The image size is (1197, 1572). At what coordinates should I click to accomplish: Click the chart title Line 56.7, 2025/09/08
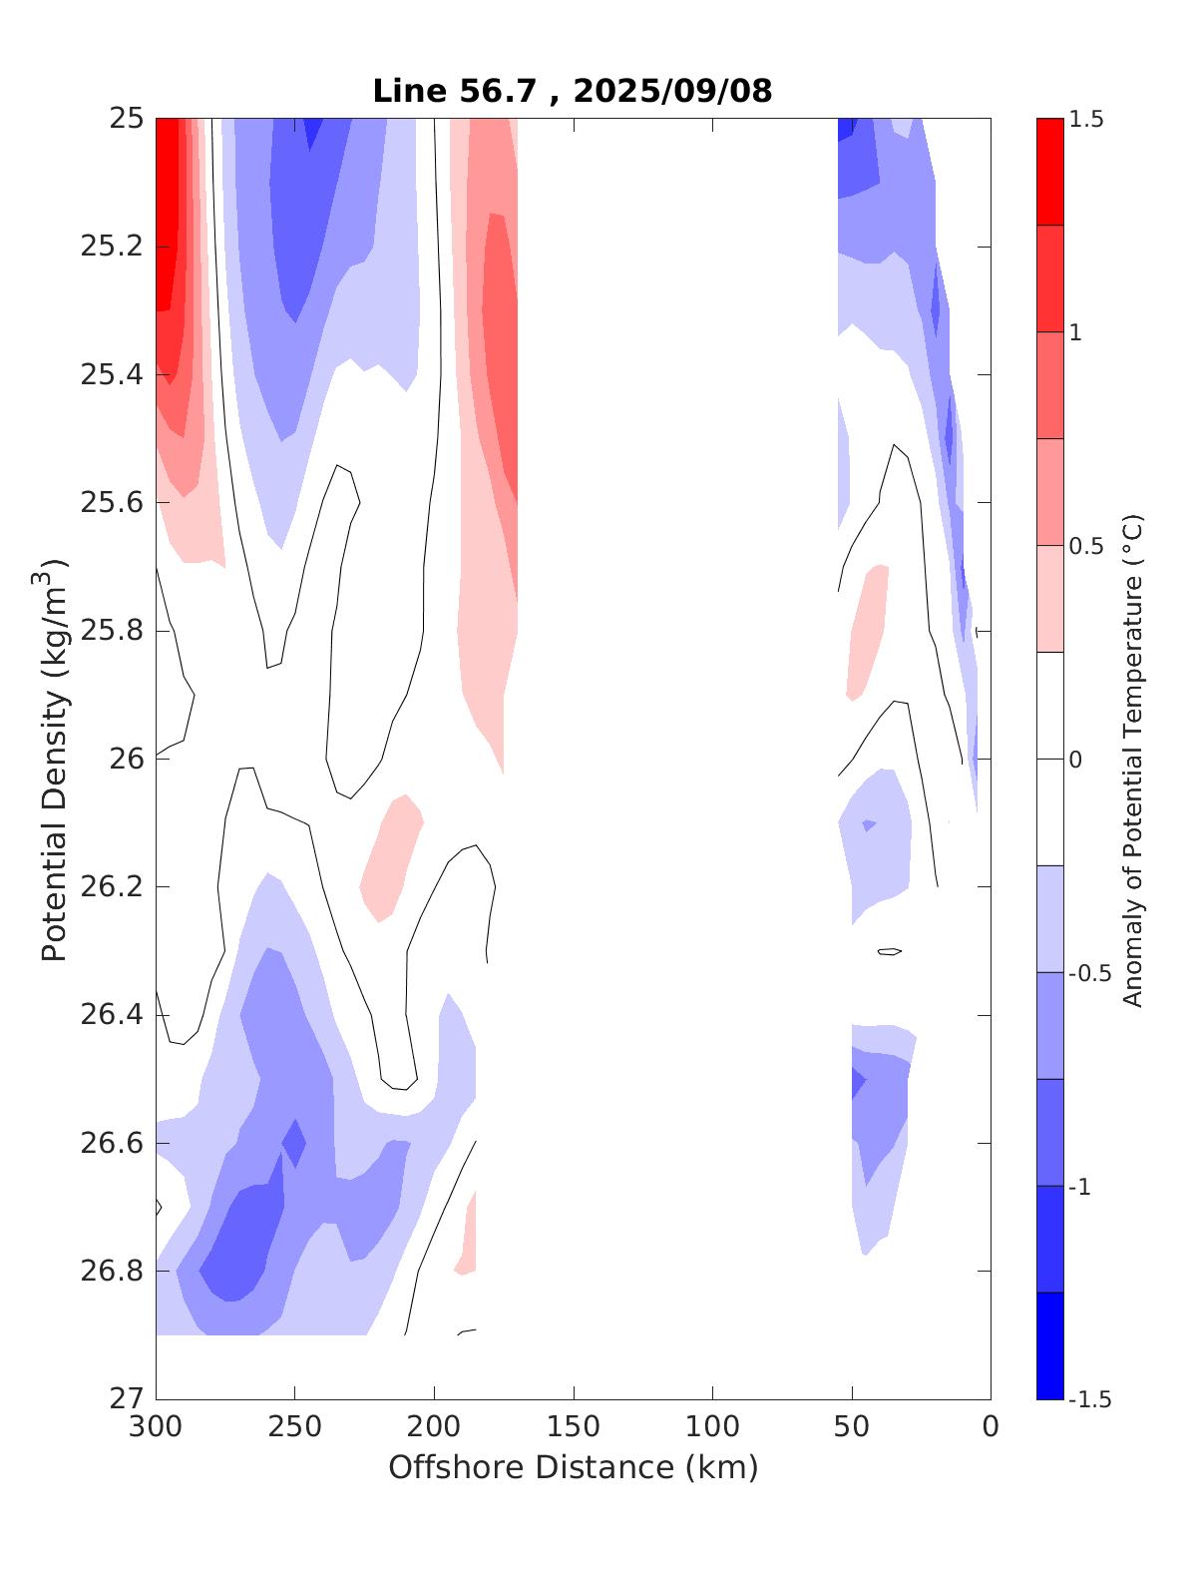click(x=572, y=91)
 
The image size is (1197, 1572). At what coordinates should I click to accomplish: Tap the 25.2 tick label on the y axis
click(x=111, y=247)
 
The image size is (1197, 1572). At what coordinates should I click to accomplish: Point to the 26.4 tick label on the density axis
click(x=111, y=1015)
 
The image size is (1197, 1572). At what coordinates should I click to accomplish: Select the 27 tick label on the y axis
click(x=125, y=1399)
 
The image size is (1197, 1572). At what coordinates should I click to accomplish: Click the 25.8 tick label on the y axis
click(x=111, y=631)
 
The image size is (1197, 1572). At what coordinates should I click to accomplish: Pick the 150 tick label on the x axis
click(x=574, y=1427)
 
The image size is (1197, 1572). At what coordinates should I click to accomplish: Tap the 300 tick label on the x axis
click(x=157, y=1427)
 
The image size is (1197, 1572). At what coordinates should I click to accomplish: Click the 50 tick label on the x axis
click(x=852, y=1427)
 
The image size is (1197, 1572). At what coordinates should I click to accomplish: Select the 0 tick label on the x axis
click(x=990, y=1427)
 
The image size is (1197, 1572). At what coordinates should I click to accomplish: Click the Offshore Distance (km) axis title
click(x=573, y=1467)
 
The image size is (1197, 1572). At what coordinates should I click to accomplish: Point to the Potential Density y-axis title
click(x=55, y=759)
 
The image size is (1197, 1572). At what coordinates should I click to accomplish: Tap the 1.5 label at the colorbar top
click(x=1086, y=120)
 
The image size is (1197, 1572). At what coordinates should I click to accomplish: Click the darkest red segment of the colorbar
click(x=1049, y=172)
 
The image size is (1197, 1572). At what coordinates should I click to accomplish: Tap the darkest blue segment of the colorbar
click(x=1049, y=1345)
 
